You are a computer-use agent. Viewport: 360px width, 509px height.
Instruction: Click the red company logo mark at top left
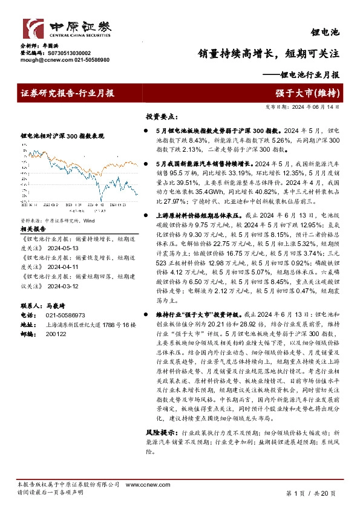[x=31, y=28]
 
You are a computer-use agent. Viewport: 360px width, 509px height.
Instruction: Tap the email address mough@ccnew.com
[x=41, y=60]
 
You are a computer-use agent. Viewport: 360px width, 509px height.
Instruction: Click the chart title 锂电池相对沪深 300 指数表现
[x=62, y=136]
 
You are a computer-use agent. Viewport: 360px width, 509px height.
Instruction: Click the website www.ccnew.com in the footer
[x=142, y=485]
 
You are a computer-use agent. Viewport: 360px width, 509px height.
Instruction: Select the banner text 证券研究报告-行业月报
[x=67, y=93]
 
